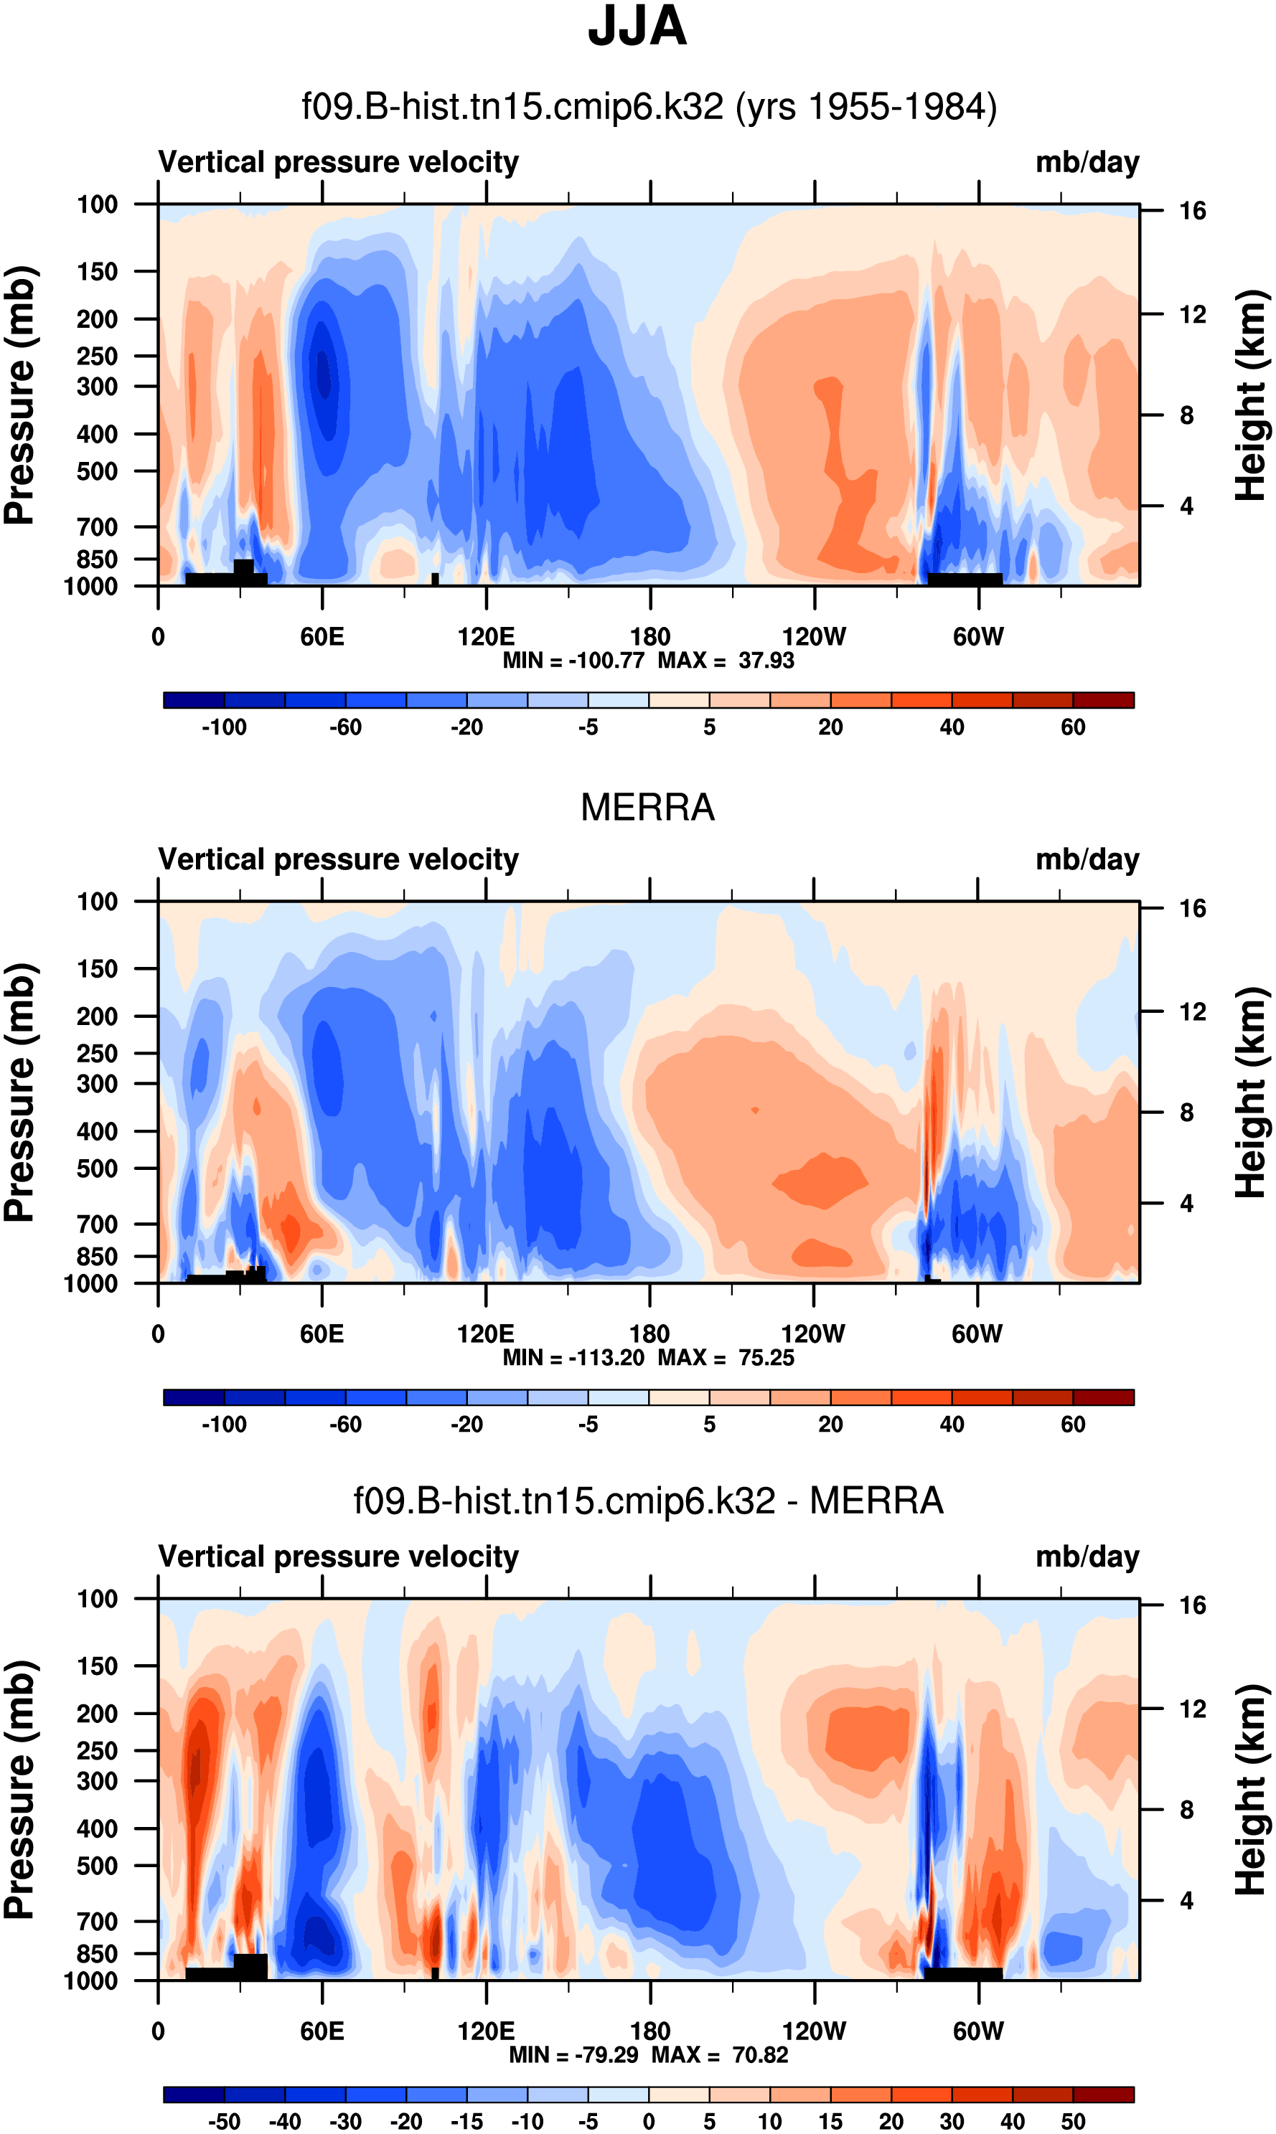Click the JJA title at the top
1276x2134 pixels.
[x=637, y=27]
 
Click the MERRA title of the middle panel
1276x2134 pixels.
[x=647, y=808]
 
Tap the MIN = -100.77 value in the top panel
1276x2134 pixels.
[x=573, y=661]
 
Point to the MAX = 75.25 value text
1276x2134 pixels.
[x=726, y=1358]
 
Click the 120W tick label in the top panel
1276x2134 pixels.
[x=813, y=637]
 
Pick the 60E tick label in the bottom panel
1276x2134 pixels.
[x=322, y=2031]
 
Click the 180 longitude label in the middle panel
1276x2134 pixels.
[x=649, y=1334]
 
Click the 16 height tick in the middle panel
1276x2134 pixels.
[x=1192, y=908]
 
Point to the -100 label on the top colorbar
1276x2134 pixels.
[x=224, y=727]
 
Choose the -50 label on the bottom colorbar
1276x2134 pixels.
[x=224, y=2121]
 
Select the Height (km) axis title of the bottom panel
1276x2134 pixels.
[x=1251, y=1790]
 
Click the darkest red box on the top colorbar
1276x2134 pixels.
[x=1103, y=699]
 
